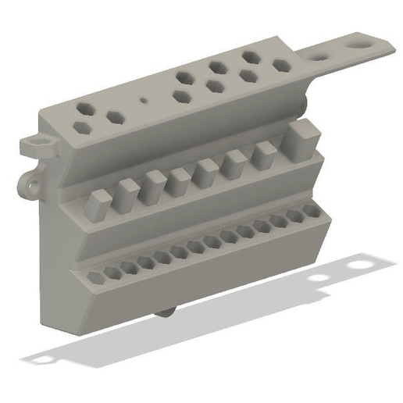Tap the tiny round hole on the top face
click(x=143, y=101)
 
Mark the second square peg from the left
click(x=126, y=193)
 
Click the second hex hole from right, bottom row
click(x=295, y=216)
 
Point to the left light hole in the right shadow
click(x=318, y=278)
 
